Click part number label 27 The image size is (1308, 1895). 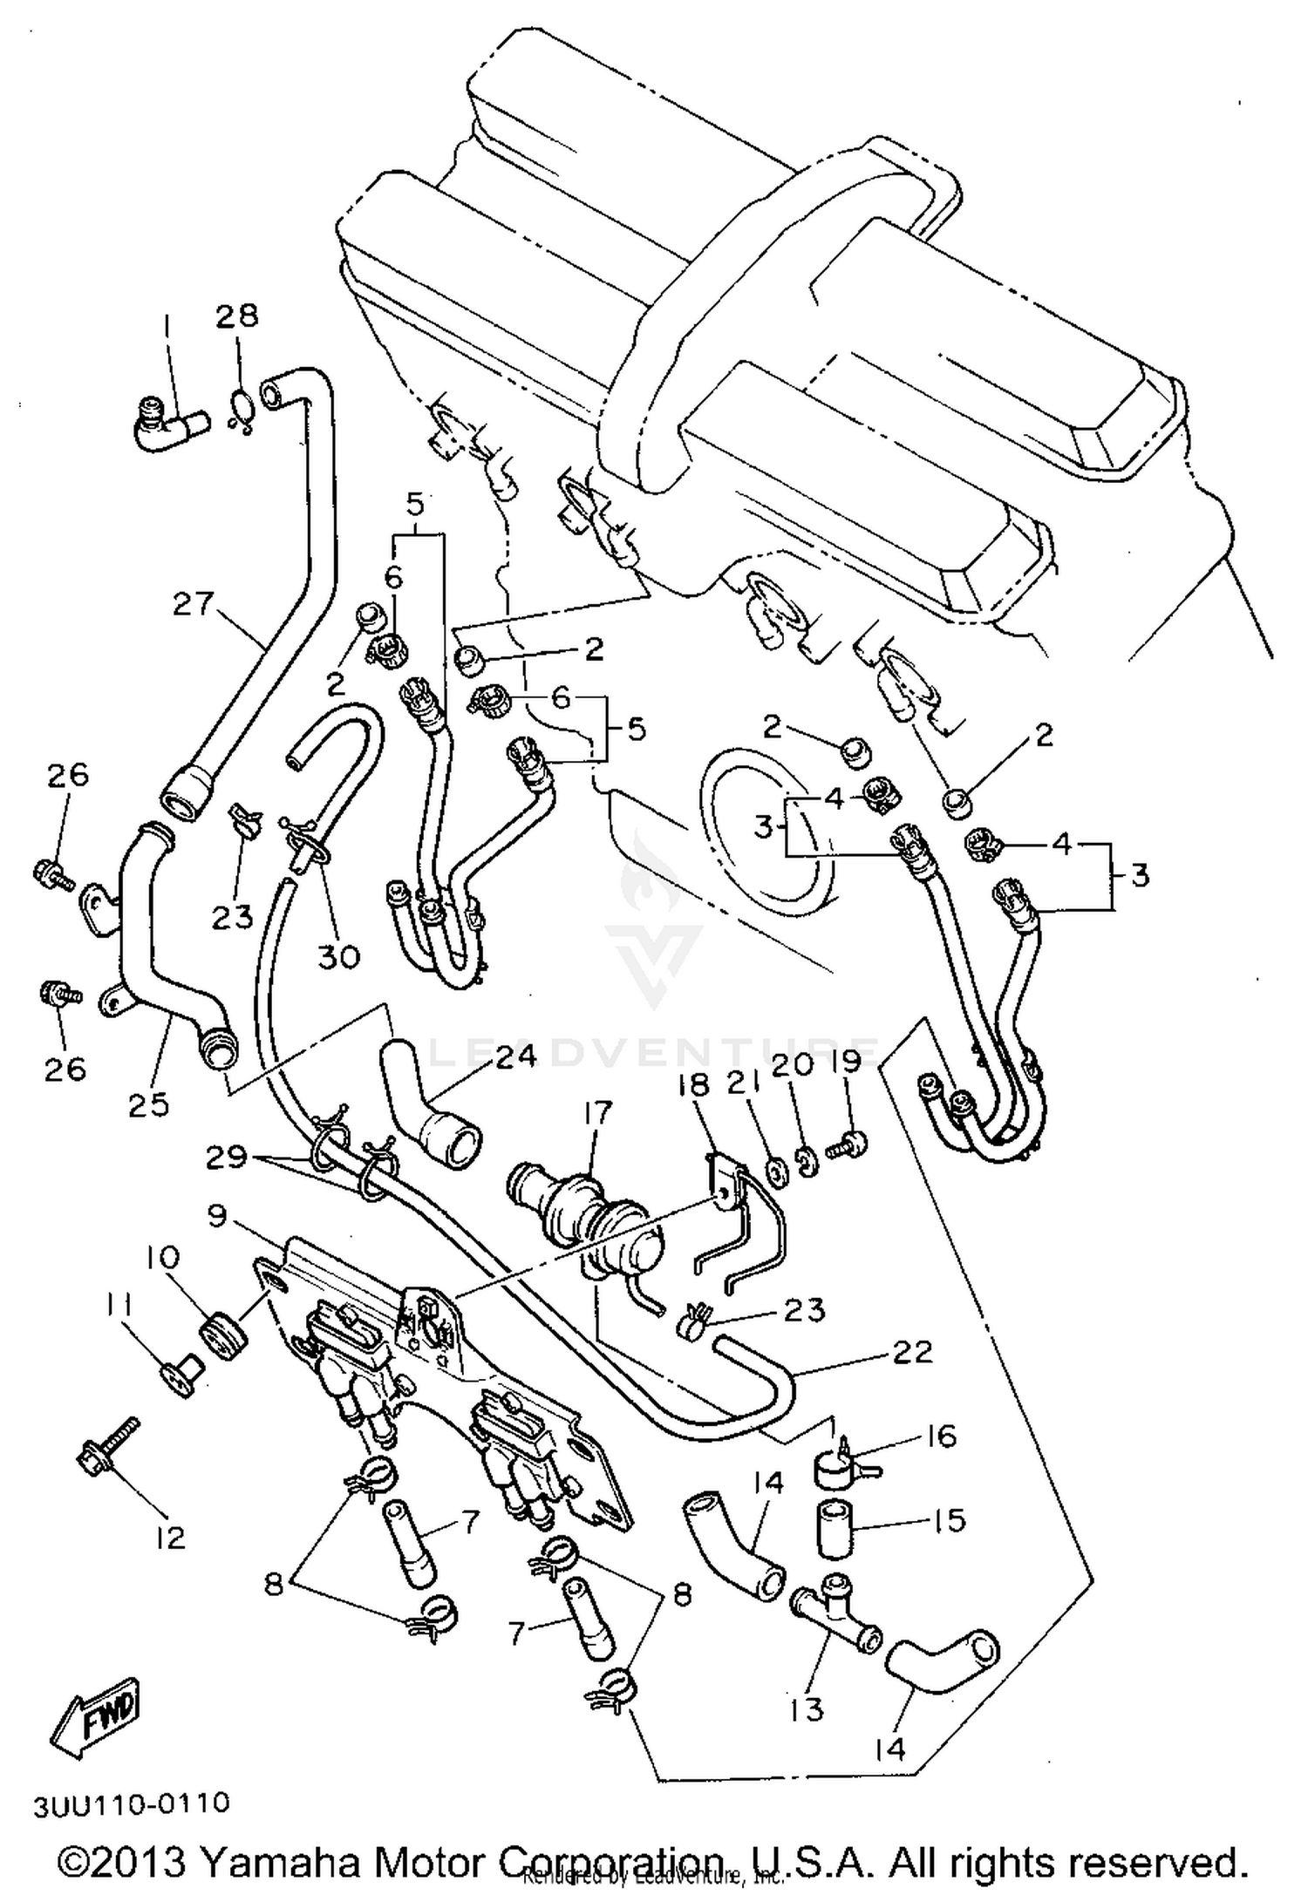193,604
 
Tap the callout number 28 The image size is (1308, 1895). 237,315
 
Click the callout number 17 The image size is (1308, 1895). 598,1114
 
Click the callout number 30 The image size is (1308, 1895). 338,957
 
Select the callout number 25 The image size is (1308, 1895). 148,1105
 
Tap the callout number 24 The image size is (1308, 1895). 515,1057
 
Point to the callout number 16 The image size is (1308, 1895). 941,1436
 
